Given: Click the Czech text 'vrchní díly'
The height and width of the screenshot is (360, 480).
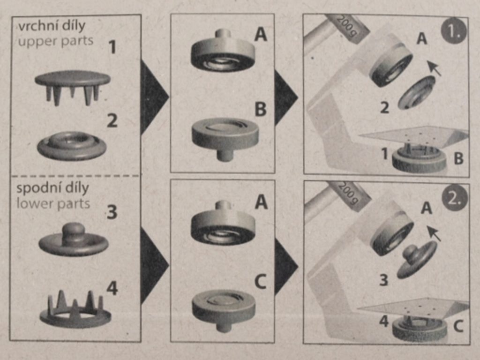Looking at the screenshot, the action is point(52,26).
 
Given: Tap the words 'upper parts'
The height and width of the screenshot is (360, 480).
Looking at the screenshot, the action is point(55,41).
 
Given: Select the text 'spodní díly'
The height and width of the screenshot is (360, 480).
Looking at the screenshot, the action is point(52,188).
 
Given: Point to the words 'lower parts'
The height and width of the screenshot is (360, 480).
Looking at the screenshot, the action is point(53,203).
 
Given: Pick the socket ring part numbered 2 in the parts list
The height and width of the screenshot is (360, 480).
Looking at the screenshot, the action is point(72,146).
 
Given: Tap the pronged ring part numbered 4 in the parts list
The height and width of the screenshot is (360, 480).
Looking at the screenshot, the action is point(75,309).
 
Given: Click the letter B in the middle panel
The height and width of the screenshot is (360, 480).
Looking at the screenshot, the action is point(261,109).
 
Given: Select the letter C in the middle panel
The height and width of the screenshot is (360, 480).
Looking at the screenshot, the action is point(260,282).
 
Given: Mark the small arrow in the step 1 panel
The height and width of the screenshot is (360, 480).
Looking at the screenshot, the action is point(434,68).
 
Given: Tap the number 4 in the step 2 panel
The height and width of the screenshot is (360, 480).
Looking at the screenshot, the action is point(383,321).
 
